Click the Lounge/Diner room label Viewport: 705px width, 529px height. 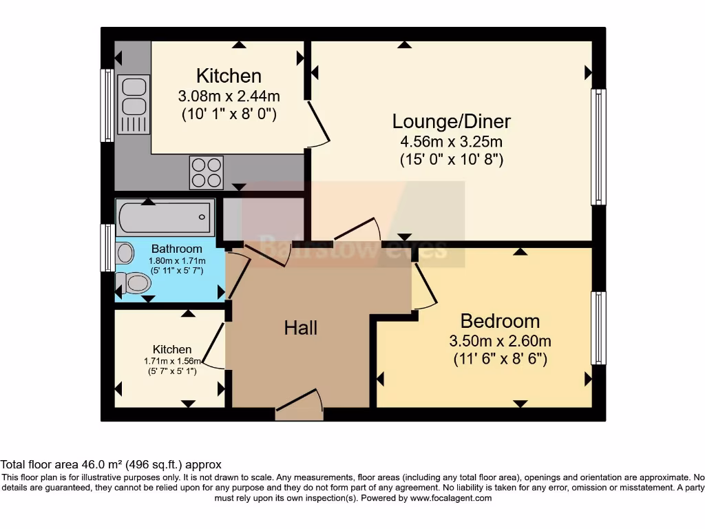[x=452, y=122]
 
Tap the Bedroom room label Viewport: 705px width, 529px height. [x=500, y=321]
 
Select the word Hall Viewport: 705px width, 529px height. [x=301, y=328]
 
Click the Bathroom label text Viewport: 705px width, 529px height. [x=177, y=249]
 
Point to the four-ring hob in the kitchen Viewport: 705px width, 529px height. [x=207, y=172]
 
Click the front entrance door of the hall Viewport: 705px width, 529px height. [x=299, y=406]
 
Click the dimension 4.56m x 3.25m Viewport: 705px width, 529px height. [x=452, y=143]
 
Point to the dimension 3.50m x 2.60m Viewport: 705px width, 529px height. [x=500, y=341]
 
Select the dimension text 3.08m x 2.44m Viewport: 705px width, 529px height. [x=229, y=96]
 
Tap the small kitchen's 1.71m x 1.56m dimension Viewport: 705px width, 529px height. [x=172, y=361]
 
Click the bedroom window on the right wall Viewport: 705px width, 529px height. [x=599, y=328]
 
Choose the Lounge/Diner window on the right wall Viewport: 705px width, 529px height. [x=599, y=147]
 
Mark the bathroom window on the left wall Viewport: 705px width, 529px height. [x=108, y=247]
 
